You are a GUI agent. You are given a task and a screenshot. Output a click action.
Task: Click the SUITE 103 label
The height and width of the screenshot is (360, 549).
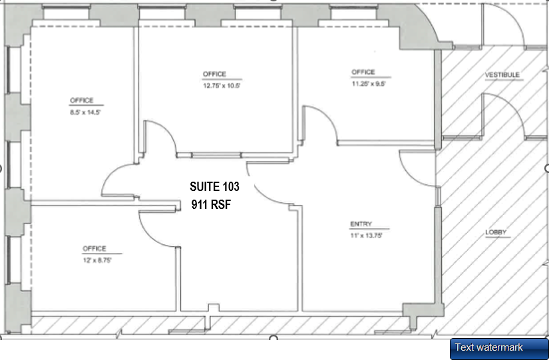coord(214,187)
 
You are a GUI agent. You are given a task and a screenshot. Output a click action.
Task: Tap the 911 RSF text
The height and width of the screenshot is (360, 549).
coord(210,205)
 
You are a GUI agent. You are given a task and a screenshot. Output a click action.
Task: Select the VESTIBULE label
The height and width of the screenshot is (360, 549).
coord(502,75)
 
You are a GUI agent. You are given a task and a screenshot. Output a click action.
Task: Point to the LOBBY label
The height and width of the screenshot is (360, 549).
coord(496,232)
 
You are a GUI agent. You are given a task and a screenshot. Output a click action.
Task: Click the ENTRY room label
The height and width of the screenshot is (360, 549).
coord(361,224)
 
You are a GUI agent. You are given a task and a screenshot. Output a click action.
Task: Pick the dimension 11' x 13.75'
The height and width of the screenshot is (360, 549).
coord(366,236)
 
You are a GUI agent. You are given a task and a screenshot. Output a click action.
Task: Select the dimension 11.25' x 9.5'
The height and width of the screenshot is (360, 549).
coord(369,84)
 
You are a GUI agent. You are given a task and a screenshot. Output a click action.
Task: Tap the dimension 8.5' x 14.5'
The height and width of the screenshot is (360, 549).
coord(85,112)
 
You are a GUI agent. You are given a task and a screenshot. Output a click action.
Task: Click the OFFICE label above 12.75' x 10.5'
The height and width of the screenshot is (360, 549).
coord(214,74)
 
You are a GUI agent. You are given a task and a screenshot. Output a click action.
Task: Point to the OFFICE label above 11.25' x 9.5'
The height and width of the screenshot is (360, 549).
coord(363,72)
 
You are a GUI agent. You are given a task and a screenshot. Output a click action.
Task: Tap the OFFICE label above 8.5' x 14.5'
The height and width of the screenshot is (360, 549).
coord(82,100)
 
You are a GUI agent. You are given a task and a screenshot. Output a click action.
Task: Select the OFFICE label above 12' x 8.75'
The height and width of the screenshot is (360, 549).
coord(94,249)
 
